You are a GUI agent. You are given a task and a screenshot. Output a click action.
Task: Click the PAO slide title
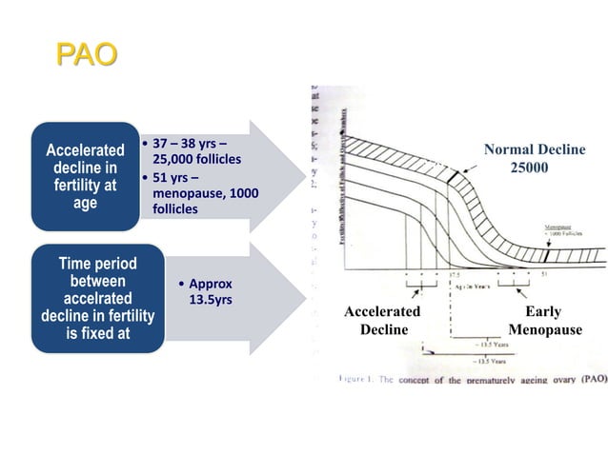click(87, 53)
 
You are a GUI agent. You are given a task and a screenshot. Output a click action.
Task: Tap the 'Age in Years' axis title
click(476, 283)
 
